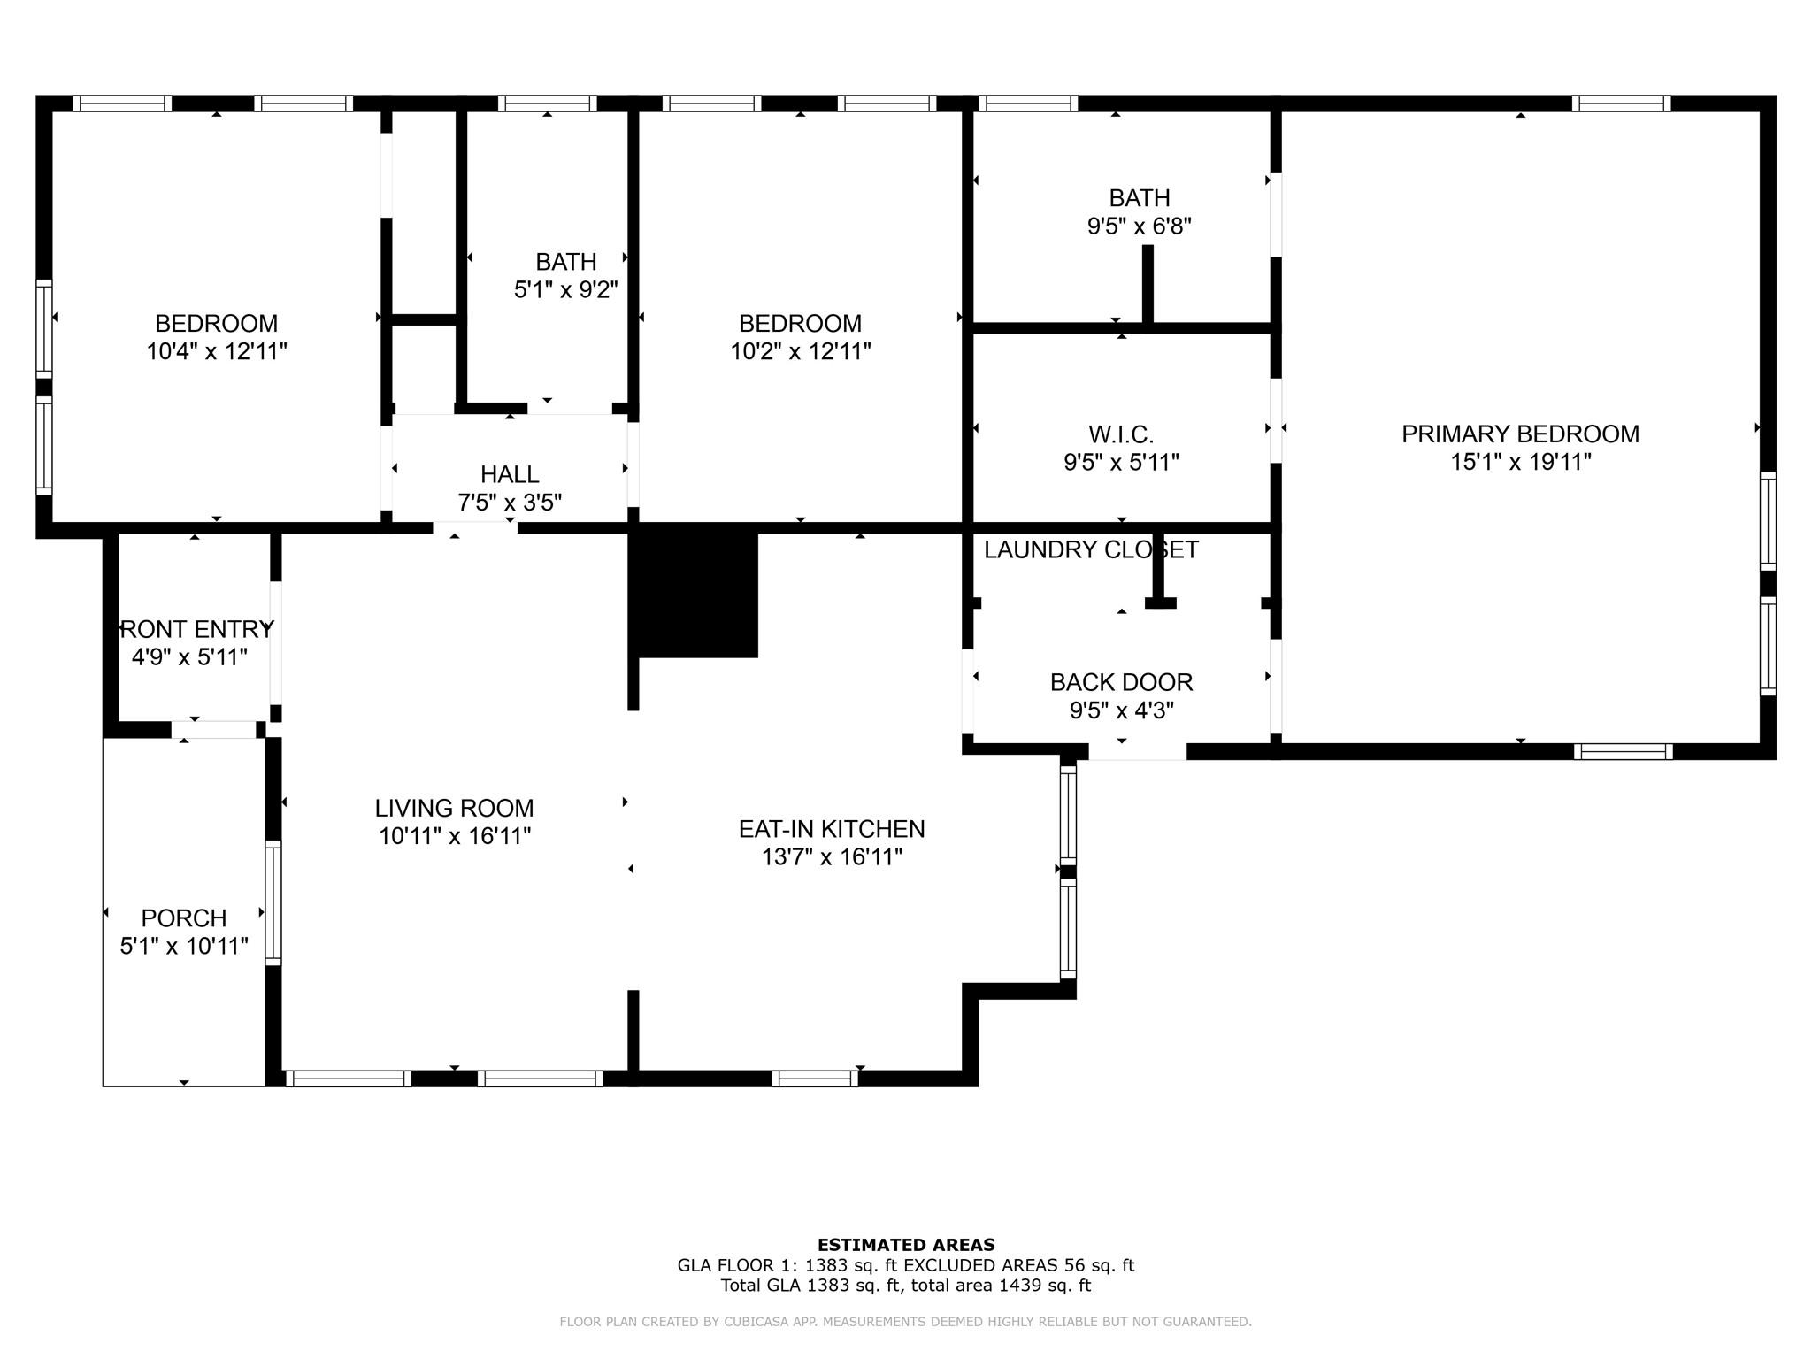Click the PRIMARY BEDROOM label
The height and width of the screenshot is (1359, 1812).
click(1520, 434)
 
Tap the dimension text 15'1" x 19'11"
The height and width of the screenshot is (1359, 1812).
click(1520, 462)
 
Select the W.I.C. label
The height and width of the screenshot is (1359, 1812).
click(1121, 434)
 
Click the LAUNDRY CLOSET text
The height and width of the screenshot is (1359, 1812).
click(1090, 549)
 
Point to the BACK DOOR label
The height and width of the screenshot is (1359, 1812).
click(1121, 682)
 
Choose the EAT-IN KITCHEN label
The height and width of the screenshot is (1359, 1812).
click(832, 829)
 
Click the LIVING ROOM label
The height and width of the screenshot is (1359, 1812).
click(454, 808)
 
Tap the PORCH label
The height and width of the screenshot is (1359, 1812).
click(184, 918)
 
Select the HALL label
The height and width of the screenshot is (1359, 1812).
click(510, 474)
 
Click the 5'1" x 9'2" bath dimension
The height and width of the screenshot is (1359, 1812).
click(565, 289)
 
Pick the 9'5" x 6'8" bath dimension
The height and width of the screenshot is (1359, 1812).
click(1139, 226)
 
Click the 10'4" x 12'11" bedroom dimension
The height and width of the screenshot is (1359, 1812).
click(217, 351)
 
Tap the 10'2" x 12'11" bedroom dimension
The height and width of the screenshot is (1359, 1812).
click(800, 351)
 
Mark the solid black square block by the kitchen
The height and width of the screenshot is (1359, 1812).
click(698, 594)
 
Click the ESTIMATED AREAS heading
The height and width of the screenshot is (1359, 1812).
click(906, 1245)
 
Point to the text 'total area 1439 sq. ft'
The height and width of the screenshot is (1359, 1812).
click(1000, 1286)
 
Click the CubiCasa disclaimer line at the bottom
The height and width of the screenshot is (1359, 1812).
click(905, 1322)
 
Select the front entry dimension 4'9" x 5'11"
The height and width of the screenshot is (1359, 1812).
click(189, 657)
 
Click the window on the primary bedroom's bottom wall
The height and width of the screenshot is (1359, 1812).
click(1624, 752)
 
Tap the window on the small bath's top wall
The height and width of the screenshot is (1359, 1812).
click(547, 104)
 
